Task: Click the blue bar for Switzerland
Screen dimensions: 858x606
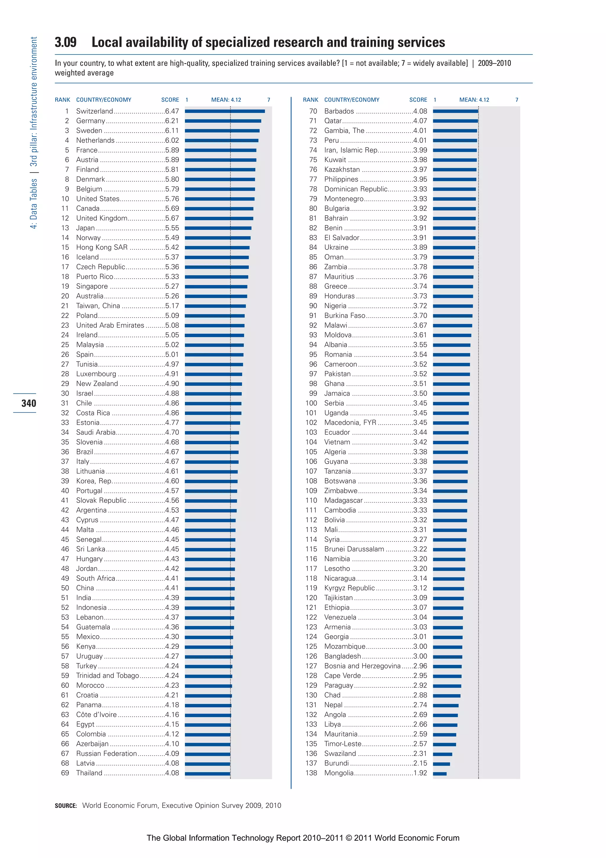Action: coord(225,111)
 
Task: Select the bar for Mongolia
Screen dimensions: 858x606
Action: coord(439,774)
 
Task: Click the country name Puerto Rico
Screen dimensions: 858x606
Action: coord(94,277)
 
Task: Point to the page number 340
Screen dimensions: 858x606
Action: coord(29,403)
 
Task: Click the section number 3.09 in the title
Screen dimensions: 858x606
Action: coord(66,42)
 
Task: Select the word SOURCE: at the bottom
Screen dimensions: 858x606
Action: coord(66,806)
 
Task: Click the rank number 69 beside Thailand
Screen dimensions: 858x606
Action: coord(65,773)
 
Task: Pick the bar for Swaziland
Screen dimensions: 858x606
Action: coord(442,754)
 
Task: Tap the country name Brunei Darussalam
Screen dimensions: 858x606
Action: coord(354,549)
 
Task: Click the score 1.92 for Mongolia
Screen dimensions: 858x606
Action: coord(420,773)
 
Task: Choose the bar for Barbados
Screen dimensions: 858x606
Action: coord(455,111)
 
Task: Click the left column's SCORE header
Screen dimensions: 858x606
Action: coord(170,100)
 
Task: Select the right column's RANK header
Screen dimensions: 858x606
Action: coord(310,100)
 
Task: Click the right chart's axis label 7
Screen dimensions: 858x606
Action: coord(517,100)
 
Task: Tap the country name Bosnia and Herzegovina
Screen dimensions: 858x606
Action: coord(362,666)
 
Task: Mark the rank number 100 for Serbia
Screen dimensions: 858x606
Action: coord(311,403)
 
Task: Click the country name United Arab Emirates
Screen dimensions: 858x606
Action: coord(110,325)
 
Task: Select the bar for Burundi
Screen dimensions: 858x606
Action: coord(441,764)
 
